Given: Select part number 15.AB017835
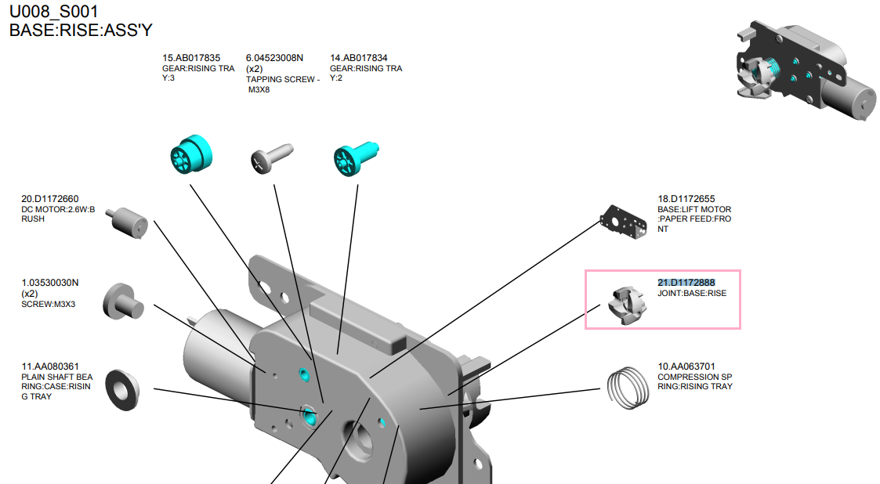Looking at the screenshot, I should (x=191, y=58).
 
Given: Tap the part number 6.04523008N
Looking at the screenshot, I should (x=274, y=58).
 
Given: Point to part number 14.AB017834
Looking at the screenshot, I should (x=358, y=58).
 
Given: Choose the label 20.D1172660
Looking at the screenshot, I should (x=50, y=199).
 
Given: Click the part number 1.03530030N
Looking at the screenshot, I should (x=50, y=283).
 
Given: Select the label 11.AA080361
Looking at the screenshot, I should (x=50, y=366).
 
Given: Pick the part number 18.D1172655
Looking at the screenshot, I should (x=686, y=199).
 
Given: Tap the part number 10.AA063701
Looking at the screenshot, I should (x=686, y=366).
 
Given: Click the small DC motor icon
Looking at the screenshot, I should (x=127, y=221).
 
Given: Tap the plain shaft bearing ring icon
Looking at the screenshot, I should (x=121, y=388).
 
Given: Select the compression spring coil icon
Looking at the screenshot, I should (x=629, y=387).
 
